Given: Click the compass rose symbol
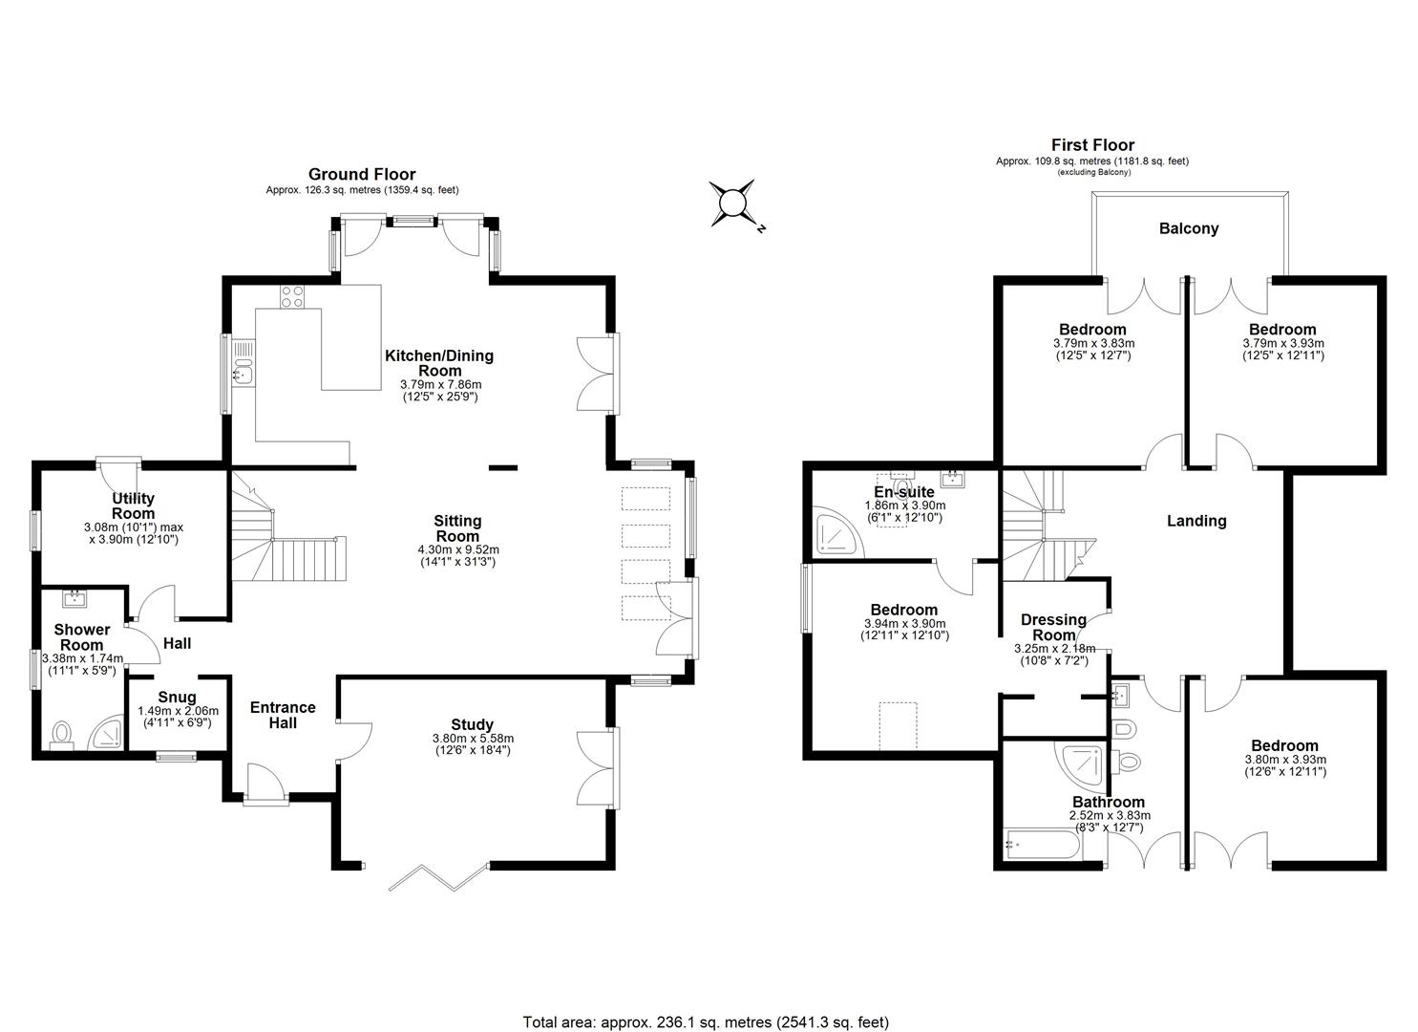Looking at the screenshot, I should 732,204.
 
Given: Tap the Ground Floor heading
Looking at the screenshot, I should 361,174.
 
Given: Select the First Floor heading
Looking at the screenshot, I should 1092,145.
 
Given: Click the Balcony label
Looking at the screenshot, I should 1188,228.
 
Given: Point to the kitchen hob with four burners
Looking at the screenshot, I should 292,297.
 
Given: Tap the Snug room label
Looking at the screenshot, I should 177,698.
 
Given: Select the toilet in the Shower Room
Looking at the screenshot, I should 62,735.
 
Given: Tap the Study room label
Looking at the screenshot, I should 472,725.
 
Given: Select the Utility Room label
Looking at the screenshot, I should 133,505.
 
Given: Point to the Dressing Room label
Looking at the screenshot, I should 1053,627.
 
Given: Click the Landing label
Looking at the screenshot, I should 1196,521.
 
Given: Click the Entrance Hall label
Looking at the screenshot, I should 283,715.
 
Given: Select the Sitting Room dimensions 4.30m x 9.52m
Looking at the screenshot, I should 458,549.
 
